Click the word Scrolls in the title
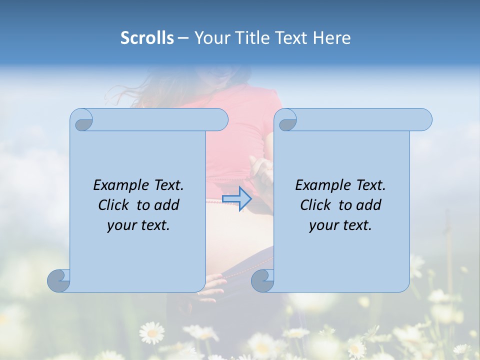pyautogui.click(x=147, y=38)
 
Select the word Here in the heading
pyautogui.click(x=332, y=38)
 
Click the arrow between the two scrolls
pyautogui.click(x=236, y=198)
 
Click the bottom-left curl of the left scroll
pyautogui.click(x=59, y=280)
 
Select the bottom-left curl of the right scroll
pyautogui.click(x=262, y=280)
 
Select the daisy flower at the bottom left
pyautogui.click(x=151, y=332)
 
